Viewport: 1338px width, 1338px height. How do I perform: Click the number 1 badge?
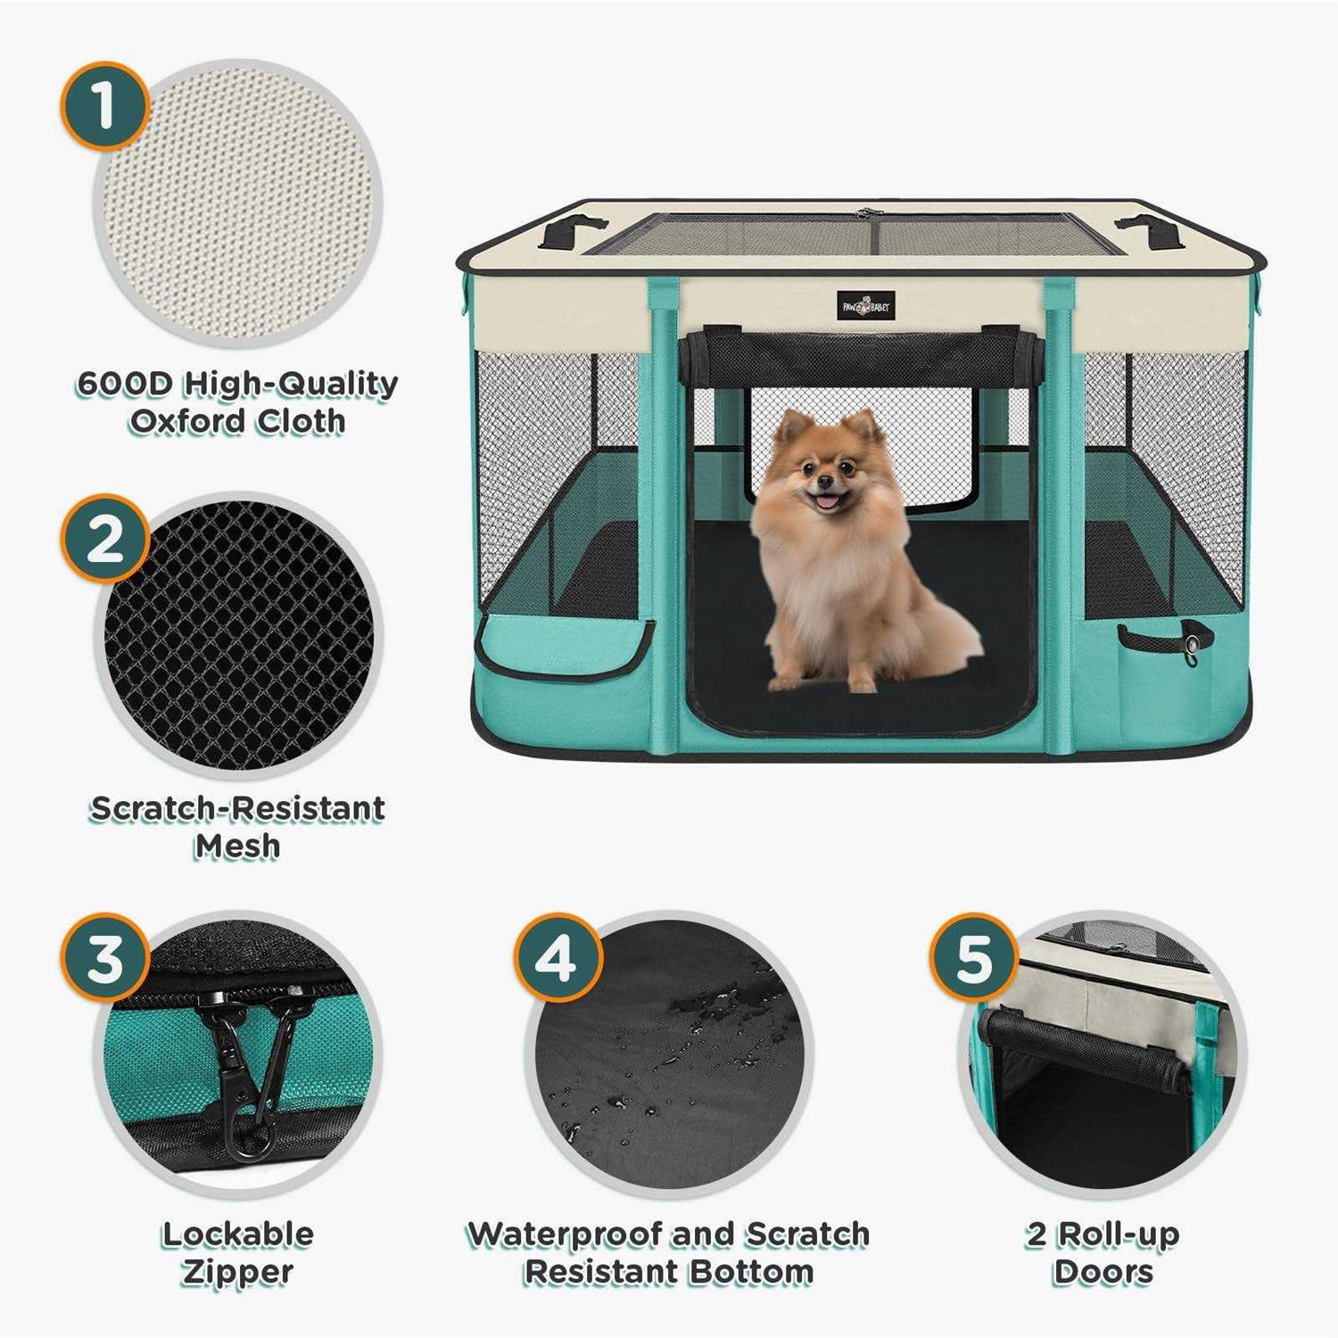[x=104, y=105]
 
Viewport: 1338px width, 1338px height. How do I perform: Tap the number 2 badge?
[x=104, y=539]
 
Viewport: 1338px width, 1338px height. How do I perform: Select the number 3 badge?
[x=104, y=958]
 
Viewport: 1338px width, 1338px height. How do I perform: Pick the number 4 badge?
[x=557, y=958]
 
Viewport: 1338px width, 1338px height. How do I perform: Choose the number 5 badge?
[x=973, y=958]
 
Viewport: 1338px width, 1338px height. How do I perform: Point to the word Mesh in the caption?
[x=237, y=846]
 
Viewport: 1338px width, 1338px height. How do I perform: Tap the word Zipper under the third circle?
[x=237, y=1272]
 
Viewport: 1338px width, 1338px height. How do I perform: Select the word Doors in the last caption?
[x=1103, y=1272]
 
